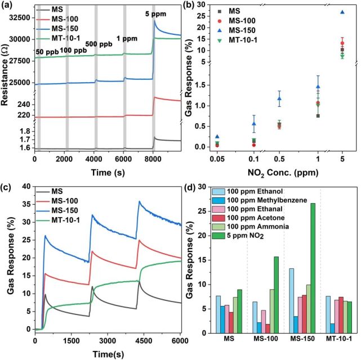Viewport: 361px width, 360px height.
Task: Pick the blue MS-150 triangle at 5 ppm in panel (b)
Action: (342, 12)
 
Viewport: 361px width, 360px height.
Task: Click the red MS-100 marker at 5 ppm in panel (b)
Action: (342, 43)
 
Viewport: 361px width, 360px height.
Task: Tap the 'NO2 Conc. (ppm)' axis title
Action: (276, 171)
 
